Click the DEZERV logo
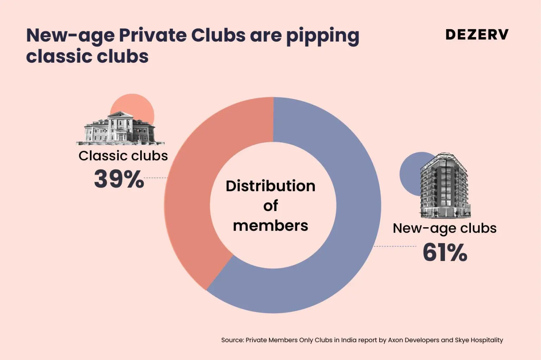[x=477, y=35]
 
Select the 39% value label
[x=119, y=179]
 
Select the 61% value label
[x=445, y=252]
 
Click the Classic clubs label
[x=123, y=156]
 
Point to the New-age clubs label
[x=444, y=228]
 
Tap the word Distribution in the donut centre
[x=270, y=186]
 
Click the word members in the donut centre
[x=270, y=226]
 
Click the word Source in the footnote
[x=232, y=340]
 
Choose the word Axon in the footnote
[x=395, y=340]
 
